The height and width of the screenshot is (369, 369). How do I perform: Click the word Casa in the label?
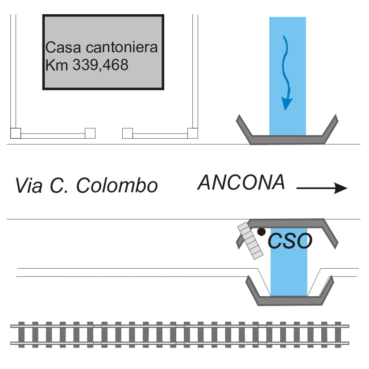(x=61, y=47)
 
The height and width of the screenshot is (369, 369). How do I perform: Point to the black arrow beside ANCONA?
(x=321, y=188)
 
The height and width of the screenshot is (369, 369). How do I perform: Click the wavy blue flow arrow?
(x=285, y=74)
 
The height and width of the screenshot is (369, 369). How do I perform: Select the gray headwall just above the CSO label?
(x=290, y=222)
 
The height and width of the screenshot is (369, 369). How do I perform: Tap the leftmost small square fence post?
(x=15, y=133)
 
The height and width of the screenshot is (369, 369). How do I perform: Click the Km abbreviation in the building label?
(x=53, y=65)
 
